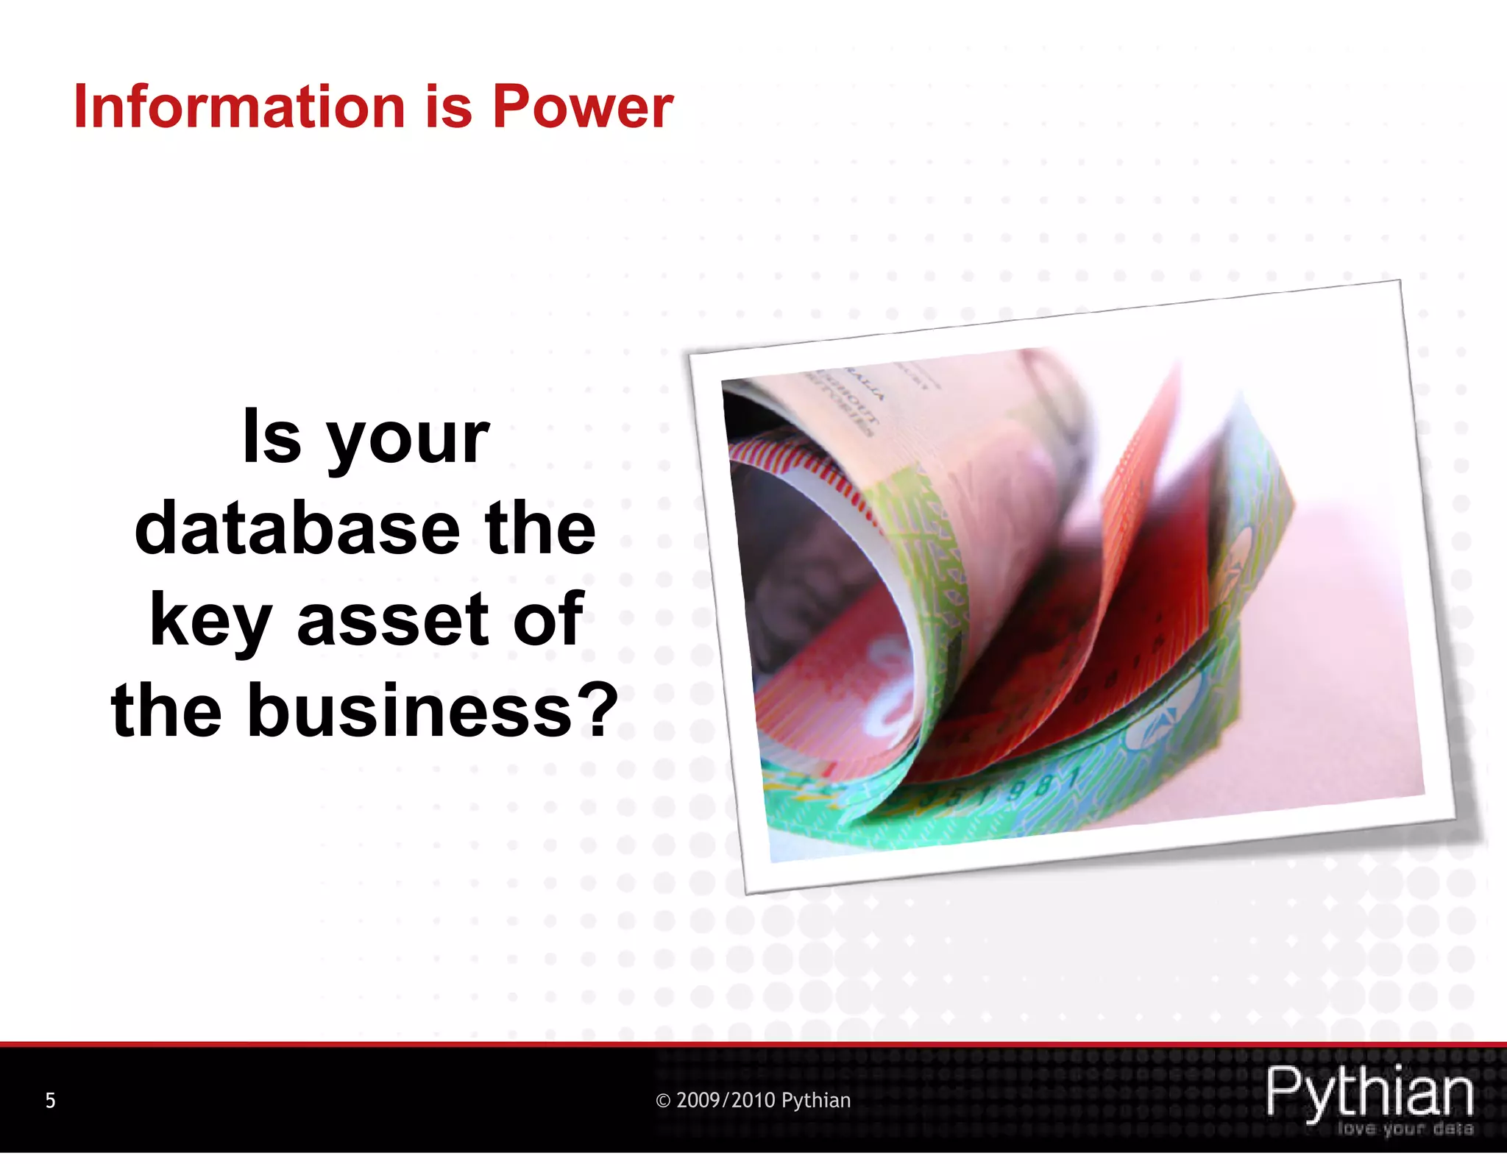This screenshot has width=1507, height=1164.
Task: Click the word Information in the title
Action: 239,107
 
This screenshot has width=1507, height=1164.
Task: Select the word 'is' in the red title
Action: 448,107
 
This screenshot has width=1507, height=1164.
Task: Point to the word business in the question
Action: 409,710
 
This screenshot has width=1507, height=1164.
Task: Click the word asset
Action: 393,620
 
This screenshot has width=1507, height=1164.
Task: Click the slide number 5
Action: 50,1100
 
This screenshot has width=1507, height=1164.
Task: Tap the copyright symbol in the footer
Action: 663,1101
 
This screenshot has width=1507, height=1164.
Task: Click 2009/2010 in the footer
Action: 726,1100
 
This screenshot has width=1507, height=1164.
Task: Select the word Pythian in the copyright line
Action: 815,1100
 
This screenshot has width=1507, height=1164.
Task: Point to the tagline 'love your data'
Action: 1405,1129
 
